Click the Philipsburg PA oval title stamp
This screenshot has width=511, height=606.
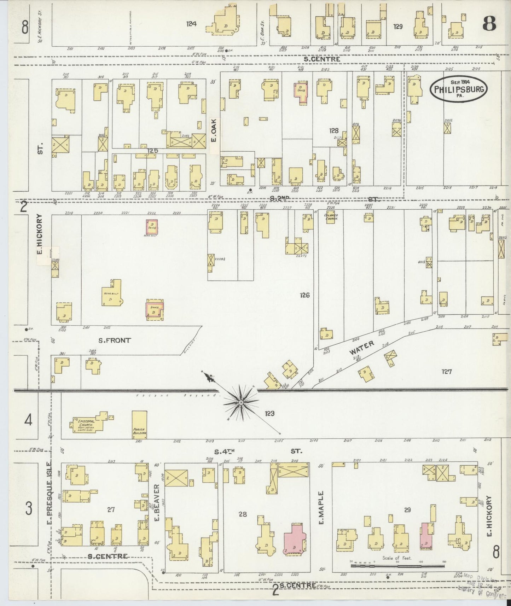coord(458,89)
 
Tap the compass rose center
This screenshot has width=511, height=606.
coord(241,403)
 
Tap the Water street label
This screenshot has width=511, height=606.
coord(362,348)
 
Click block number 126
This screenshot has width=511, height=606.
coord(304,295)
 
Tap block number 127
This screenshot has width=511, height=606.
coord(447,372)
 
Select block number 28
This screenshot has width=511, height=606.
coord(242,514)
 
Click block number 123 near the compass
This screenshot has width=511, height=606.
coord(269,413)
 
